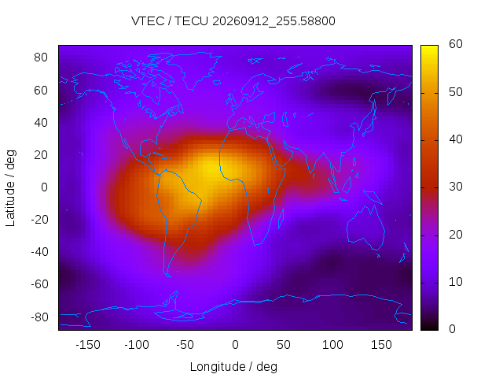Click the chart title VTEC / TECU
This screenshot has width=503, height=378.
click(x=170, y=21)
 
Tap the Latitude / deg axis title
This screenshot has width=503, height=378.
click(x=10, y=188)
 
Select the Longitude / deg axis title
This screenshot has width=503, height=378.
click(x=233, y=367)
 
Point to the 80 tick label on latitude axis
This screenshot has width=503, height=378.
click(x=41, y=57)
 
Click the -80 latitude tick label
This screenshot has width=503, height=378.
click(x=39, y=317)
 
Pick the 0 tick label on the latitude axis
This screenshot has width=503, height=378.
click(x=44, y=187)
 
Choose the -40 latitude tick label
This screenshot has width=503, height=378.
click(x=39, y=252)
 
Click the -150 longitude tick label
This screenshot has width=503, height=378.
click(x=88, y=345)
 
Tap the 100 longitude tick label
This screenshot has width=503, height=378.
click(x=332, y=345)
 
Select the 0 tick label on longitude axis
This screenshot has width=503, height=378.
click(x=235, y=345)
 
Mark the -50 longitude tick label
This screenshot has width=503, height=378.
click(x=185, y=345)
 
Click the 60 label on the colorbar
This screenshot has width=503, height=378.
click(x=456, y=44)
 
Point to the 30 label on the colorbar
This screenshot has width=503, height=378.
click(x=456, y=187)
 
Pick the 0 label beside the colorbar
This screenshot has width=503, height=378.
click(x=452, y=329)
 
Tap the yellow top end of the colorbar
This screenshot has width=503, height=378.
click(x=429, y=47)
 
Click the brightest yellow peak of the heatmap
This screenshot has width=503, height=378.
click(x=213, y=169)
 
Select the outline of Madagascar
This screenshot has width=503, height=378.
click(x=281, y=218)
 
